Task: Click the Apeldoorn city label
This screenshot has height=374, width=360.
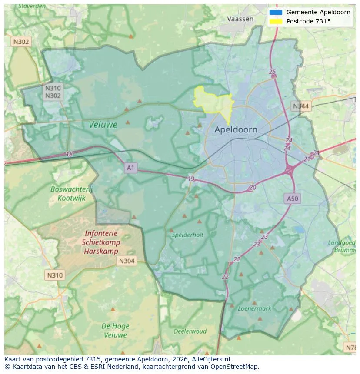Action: click(x=236, y=129)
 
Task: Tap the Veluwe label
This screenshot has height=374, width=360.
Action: click(x=103, y=125)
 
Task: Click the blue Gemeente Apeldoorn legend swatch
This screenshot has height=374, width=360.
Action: click(x=276, y=12)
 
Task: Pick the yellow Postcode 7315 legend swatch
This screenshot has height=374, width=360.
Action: click(x=276, y=21)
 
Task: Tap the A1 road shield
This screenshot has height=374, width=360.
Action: click(x=131, y=167)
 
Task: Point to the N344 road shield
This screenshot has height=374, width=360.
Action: click(x=301, y=106)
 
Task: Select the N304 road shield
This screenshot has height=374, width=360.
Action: click(x=127, y=261)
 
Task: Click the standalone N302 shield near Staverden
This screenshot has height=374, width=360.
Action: click(x=21, y=42)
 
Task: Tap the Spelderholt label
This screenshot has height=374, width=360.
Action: click(x=188, y=235)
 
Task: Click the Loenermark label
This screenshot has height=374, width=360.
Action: click(x=254, y=308)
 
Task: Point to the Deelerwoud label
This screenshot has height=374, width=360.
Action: click(x=190, y=331)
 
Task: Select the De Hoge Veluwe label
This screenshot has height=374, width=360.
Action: click(x=115, y=330)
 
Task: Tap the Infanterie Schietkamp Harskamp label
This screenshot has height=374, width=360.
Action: click(x=101, y=242)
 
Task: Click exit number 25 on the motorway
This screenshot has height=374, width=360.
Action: click(x=273, y=72)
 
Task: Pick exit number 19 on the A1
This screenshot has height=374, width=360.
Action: click(x=191, y=179)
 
